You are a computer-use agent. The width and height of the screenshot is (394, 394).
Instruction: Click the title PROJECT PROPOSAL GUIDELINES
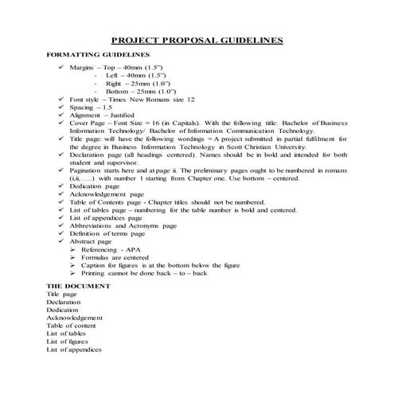197,40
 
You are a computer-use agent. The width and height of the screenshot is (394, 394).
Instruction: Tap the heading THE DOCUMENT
74,285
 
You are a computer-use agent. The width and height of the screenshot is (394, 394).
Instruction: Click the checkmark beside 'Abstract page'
62,239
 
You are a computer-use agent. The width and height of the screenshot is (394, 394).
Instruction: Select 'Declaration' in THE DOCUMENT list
63,302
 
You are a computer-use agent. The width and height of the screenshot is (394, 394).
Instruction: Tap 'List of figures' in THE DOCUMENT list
67,341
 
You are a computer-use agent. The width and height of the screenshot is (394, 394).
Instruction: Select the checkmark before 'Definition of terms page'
62,230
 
